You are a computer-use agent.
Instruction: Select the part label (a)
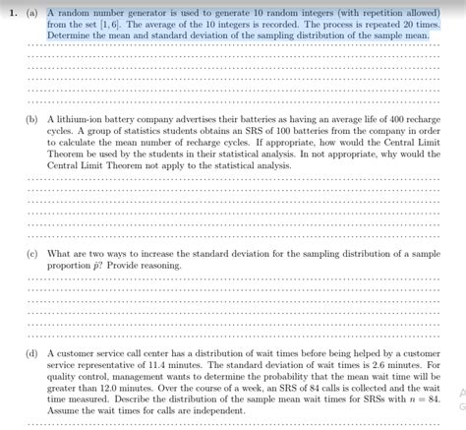(33, 13)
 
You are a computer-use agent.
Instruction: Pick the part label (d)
(33, 351)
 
